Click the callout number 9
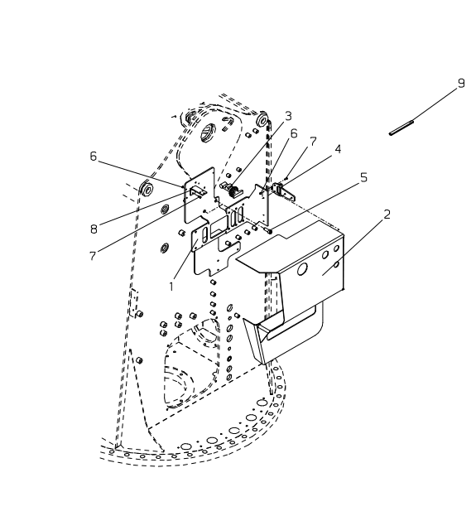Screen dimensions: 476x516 pos(461,84)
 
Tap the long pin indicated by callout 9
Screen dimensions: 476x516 pos(401,128)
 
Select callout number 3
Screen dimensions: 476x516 pos(288,116)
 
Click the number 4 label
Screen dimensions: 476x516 pos(338,149)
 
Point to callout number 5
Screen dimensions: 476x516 pos(363,177)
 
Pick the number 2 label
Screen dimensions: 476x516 pos(387,215)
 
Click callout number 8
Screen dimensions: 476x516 pos(94,229)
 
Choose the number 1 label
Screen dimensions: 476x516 pos(171,287)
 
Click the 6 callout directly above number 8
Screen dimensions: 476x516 pos(94,156)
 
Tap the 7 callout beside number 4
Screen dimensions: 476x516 pos(313,142)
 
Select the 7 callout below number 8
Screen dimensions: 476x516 pos(93,256)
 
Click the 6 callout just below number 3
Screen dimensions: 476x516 pos(294,133)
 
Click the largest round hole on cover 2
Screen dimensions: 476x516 pos(301,269)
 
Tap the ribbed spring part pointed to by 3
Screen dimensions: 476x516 pos(234,191)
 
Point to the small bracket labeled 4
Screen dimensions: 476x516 pos(283,191)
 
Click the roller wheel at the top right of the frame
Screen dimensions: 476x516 pos(263,119)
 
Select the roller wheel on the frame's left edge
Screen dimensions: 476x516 pos(146,189)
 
